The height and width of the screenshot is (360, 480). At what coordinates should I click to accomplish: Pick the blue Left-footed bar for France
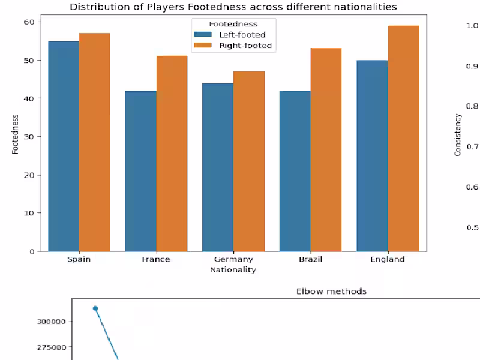pos(140,171)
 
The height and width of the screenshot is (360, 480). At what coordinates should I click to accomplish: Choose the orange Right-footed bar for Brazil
pos(326,149)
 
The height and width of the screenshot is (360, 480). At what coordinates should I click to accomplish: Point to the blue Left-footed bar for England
pos(372,155)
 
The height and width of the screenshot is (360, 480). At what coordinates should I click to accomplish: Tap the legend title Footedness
pos(233,24)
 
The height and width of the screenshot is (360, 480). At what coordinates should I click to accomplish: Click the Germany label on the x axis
pos(233,259)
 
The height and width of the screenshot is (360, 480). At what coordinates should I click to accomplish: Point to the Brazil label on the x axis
pos(311,259)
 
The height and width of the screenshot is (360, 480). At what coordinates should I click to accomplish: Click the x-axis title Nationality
pos(233,270)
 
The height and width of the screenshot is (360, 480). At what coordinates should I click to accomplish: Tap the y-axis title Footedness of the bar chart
pos(16,136)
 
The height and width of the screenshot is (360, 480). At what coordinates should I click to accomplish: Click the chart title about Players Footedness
pos(233,7)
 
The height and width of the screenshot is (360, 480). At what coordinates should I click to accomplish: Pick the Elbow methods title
pos(331,292)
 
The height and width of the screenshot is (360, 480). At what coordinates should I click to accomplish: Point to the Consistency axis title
pos(458,136)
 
